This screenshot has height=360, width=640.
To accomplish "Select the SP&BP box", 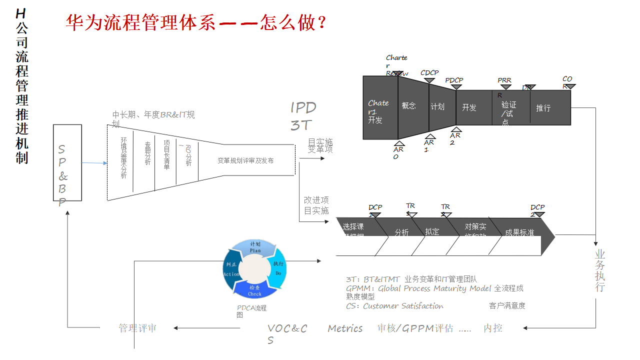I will (x=67, y=162).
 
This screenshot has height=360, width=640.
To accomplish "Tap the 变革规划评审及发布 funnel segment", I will (x=245, y=160).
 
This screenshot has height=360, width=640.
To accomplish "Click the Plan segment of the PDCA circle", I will (x=255, y=247).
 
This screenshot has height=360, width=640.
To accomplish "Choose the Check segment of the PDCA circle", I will (x=254, y=290).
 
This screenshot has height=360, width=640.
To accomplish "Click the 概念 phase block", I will (x=409, y=106).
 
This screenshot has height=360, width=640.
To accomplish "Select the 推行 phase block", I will (x=543, y=107).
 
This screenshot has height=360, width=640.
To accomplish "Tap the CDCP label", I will (x=429, y=73).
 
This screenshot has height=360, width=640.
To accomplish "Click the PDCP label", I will (x=454, y=80).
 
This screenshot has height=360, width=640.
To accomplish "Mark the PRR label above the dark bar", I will (x=504, y=80).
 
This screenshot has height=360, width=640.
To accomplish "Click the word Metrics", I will (x=345, y=328).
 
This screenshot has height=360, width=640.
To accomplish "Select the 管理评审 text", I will (x=137, y=328).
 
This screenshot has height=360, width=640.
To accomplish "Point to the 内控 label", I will (x=493, y=328).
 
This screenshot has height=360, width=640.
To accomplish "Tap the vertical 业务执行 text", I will (x=600, y=270).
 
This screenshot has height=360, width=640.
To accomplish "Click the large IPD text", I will (x=303, y=107).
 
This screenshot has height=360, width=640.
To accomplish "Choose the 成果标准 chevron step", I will (x=519, y=232).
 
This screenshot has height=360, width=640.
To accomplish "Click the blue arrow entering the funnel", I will (x=94, y=163).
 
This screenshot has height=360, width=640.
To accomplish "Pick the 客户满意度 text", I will (x=507, y=305).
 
